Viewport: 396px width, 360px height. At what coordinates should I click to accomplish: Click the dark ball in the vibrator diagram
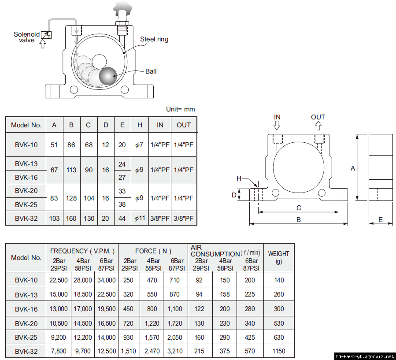(108, 76)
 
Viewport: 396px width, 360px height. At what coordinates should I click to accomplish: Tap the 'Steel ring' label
(154, 39)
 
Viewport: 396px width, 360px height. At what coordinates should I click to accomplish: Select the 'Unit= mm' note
(180, 109)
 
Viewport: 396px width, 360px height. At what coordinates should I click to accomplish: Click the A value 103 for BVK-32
(54, 218)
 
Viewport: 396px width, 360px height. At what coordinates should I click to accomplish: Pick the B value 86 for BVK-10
(71, 145)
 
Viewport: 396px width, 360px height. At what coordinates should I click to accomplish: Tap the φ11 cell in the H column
(140, 218)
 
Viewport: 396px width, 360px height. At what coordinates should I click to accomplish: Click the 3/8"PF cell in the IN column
(160, 218)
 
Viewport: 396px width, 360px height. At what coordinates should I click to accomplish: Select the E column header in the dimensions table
(122, 125)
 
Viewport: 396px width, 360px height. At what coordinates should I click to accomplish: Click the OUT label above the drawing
(318, 117)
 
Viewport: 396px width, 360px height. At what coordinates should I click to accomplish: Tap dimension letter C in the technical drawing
(299, 208)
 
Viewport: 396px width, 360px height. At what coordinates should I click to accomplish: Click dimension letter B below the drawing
(299, 219)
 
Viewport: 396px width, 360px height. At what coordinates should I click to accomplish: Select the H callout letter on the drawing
(239, 178)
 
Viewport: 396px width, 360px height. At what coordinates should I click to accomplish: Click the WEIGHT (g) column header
(278, 257)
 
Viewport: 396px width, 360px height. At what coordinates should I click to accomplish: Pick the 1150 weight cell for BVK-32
(278, 351)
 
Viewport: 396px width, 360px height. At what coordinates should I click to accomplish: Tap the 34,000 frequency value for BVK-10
(106, 280)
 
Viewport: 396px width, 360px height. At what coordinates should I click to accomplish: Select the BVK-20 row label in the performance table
(26, 323)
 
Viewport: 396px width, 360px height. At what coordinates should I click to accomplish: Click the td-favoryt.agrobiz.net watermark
(364, 356)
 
